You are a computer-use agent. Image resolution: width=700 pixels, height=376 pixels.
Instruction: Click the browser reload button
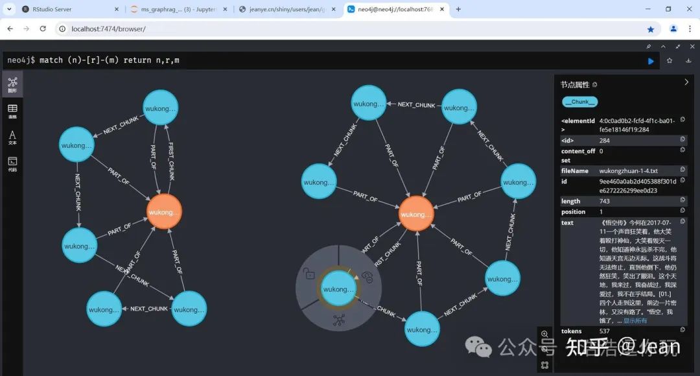(43, 29)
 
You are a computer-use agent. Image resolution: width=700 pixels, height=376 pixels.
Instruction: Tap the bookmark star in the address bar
(651, 29)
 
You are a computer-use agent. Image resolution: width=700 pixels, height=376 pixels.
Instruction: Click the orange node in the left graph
(163, 212)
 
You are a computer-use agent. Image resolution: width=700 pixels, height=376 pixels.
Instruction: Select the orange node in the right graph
(416, 215)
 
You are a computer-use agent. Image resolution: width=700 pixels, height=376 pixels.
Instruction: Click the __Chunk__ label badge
(580, 102)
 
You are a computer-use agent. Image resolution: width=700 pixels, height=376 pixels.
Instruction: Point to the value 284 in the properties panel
(605, 140)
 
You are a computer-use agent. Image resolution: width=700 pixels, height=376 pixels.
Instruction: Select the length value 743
(605, 201)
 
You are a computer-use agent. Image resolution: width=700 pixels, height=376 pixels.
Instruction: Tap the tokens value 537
(605, 331)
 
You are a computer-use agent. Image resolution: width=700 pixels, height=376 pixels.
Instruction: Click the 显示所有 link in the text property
(635, 320)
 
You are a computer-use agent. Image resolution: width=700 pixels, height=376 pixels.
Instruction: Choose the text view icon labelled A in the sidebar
(12, 136)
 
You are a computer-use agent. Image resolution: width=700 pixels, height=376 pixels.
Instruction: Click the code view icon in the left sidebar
(12, 162)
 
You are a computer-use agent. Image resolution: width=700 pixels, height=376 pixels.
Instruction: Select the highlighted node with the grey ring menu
(339, 289)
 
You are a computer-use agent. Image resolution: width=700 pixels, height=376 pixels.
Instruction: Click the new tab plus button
(458, 9)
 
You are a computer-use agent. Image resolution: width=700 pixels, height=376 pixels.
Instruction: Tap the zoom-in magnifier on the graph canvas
(544, 334)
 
